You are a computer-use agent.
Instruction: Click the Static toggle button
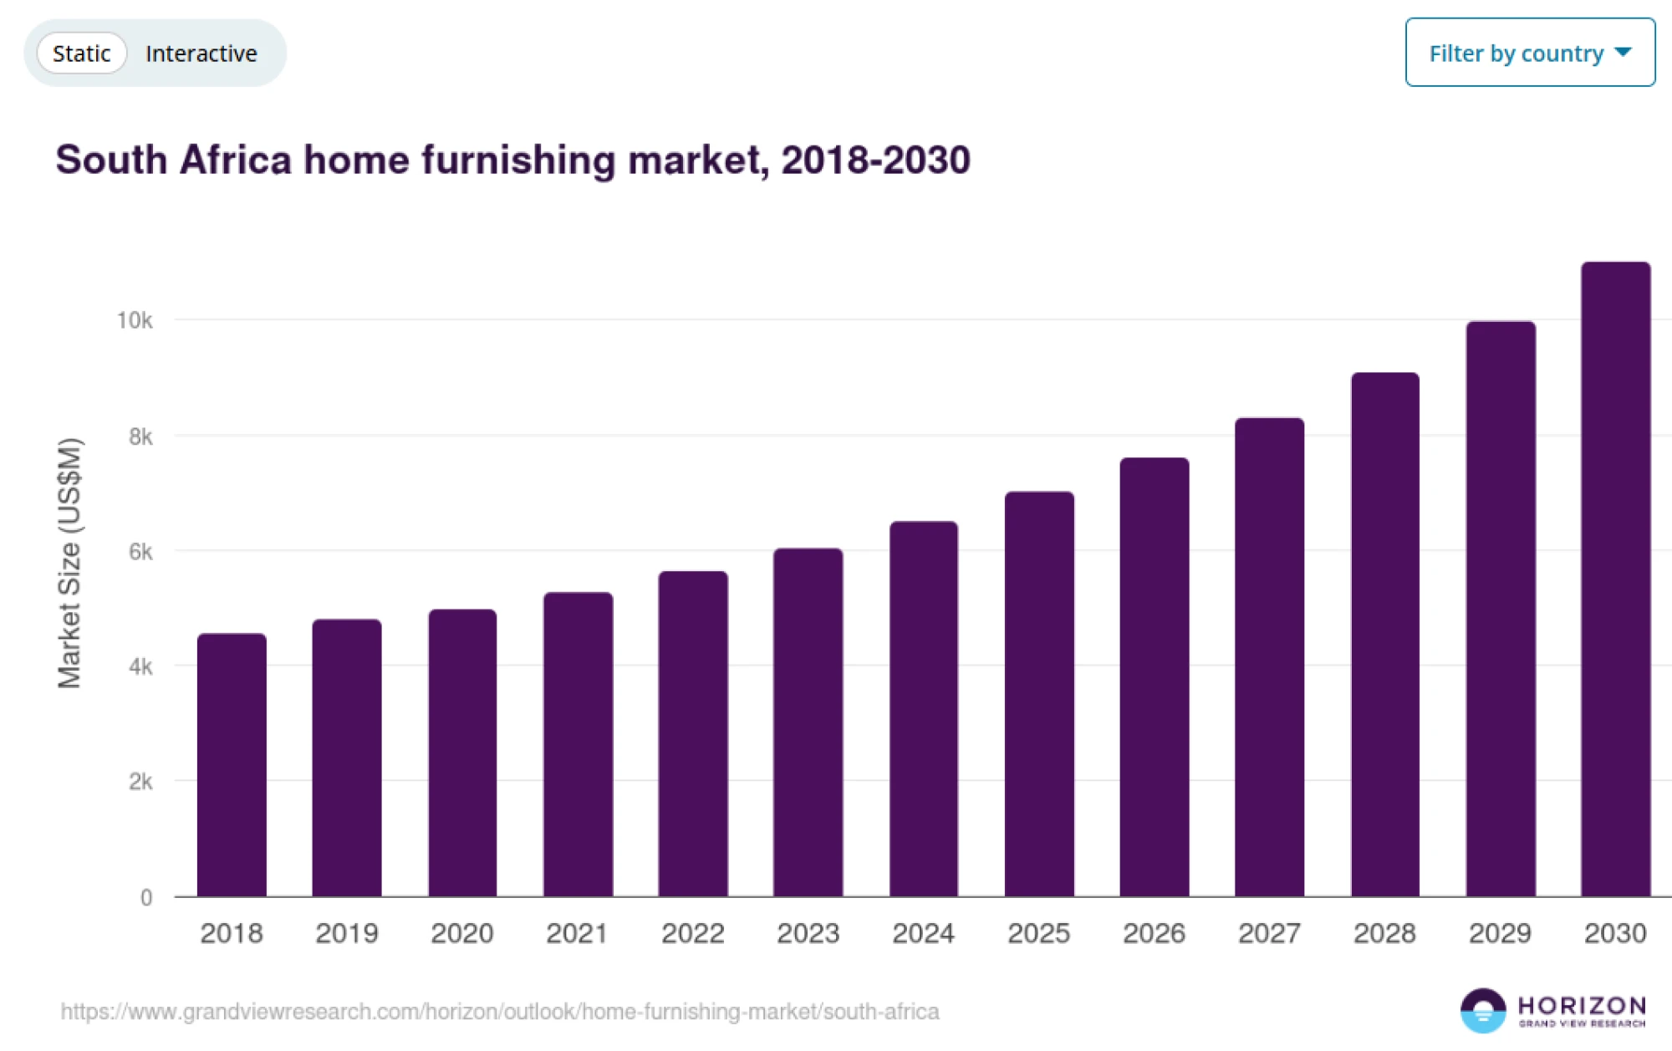click(81, 54)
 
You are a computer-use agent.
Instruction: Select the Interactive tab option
click(201, 54)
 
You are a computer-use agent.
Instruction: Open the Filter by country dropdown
click(1529, 53)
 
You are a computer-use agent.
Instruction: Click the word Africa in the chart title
click(235, 160)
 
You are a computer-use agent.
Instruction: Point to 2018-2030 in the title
click(875, 160)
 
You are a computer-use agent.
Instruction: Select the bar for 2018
click(232, 764)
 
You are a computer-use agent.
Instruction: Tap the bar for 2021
click(578, 744)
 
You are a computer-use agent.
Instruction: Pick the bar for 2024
click(923, 709)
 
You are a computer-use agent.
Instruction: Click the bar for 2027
click(1269, 657)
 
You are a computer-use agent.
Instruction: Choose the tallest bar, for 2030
click(1615, 579)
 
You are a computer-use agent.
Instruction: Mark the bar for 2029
click(1500, 609)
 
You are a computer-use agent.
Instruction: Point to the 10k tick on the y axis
click(135, 320)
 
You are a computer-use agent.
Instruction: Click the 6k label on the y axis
click(140, 552)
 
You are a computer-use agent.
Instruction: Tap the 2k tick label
click(140, 782)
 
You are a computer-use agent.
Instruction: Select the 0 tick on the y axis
click(146, 898)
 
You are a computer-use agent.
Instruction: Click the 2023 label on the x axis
click(808, 933)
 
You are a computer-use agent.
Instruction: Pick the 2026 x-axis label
click(1154, 933)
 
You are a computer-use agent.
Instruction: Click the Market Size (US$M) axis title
click(69, 563)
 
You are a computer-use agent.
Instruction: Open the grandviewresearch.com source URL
click(500, 1012)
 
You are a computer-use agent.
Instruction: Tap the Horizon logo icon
click(1482, 1010)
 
